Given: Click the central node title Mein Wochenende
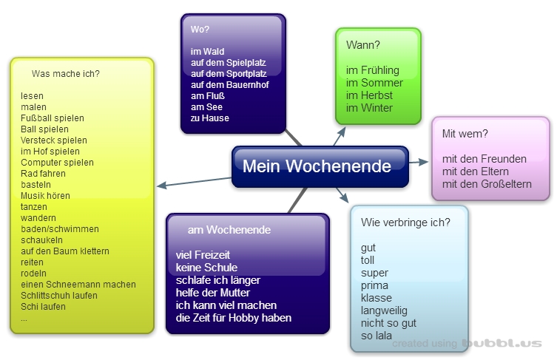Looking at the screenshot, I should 317,166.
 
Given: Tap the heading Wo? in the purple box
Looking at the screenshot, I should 200,30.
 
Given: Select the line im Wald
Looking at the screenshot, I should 208,52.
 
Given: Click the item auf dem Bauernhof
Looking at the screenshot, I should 229,85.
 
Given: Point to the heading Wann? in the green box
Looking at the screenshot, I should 363,45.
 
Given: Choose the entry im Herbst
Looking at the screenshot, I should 369,95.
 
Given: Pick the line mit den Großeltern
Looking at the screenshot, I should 487,184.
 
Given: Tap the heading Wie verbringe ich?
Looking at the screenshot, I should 405,223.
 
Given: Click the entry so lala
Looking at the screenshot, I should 377,336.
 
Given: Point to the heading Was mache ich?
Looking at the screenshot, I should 66,74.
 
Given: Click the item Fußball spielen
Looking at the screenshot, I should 53,118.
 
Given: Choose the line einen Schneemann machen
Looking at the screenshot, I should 78,285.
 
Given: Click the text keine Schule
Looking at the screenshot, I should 206,268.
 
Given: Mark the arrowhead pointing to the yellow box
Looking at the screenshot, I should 161,186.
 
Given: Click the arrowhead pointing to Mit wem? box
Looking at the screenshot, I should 425,162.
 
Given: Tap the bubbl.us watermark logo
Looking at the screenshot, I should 502,344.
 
